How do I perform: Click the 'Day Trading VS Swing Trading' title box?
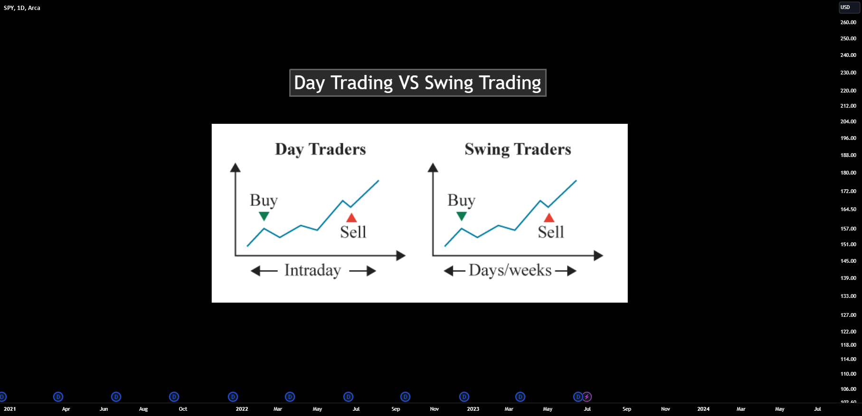pos(417,83)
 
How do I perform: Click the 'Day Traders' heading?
pos(321,149)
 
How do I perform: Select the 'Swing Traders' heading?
pos(518,149)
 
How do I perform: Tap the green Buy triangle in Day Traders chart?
pos(264,216)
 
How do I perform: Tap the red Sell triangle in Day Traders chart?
pos(351,218)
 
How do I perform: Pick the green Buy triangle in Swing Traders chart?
pos(462,216)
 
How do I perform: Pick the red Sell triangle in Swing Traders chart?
pos(549,218)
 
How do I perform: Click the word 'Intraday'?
pos(313,270)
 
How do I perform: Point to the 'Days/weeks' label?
pos(510,270)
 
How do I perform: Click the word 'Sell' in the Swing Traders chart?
pos(551,232)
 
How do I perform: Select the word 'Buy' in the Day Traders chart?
pos(264,200)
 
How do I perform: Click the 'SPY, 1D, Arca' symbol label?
pos(22,8)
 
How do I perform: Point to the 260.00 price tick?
pos(848,22)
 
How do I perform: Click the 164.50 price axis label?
pos(848,209)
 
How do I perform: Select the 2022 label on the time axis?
pos(242,409)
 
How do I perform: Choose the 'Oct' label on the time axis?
pos(183,409)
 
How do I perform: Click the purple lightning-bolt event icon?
pos(587,397)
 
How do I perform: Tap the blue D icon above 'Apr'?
pos(58,397)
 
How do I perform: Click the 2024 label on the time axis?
pos(703,409)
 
